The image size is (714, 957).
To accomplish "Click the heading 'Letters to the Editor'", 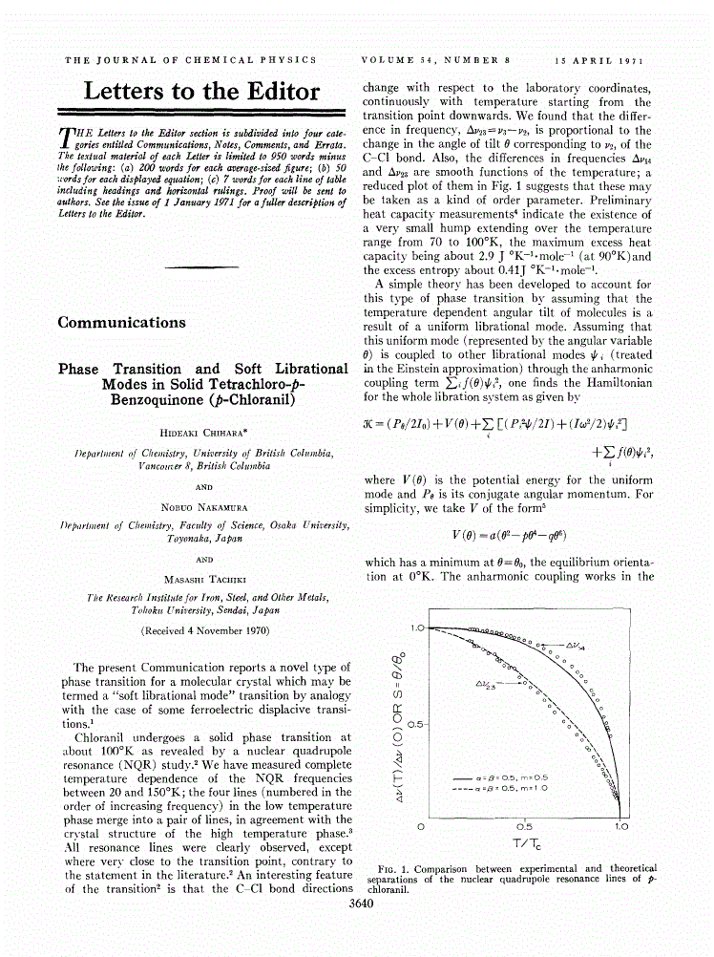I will pos(201,92).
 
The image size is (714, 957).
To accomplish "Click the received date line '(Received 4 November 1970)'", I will pos(203,631).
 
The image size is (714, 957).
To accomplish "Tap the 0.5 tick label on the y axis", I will pos(415,723).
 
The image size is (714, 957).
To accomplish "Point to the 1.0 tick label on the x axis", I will pos(622,825).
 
